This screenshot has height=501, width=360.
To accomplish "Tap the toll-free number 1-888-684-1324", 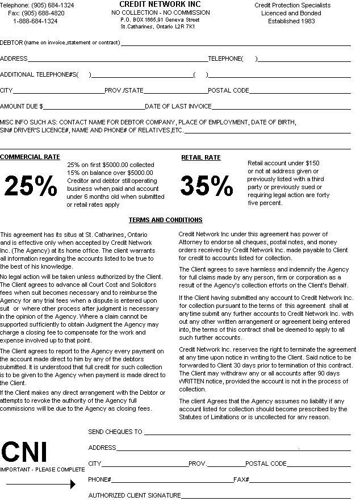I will click(35, 21).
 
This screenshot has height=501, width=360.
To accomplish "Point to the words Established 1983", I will click(291, 21).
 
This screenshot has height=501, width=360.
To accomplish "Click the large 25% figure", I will click(31, 185).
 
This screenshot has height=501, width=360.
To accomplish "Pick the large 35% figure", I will click(207, 185).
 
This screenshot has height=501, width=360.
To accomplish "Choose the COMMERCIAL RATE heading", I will click(30, 157).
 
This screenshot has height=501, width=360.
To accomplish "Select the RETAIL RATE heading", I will click(201, 157).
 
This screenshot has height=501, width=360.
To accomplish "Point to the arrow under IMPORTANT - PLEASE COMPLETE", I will click(40, 484).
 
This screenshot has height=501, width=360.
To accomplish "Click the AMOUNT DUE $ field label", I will click(22, 106).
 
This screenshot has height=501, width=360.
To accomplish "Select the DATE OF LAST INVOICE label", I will click(178, 106).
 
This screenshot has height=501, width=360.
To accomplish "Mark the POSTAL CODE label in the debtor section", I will click(228, 90).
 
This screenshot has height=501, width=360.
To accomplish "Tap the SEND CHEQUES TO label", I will click(115, 432).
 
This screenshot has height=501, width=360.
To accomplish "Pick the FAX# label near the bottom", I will click(241, 479).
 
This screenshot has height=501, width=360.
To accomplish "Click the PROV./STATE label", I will click(124, 90).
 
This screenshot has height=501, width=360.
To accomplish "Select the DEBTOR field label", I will click(12, 43).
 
